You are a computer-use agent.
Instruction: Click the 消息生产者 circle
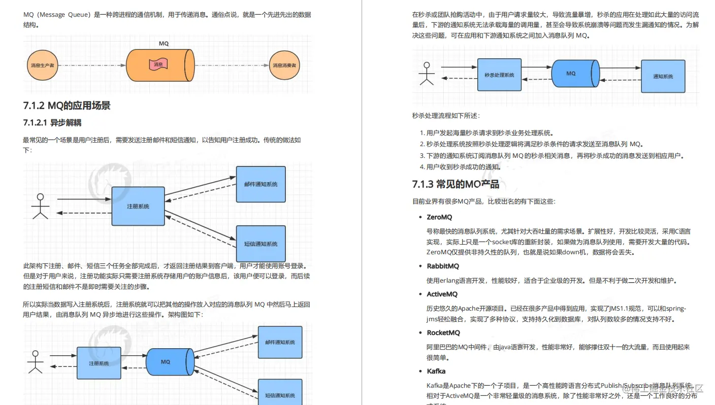[x=43, y=65]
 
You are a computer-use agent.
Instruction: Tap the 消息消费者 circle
[x=284, y=65]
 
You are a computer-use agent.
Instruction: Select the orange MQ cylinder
[x=159, y=65]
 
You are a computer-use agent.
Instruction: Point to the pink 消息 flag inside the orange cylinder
[x=158, y=64]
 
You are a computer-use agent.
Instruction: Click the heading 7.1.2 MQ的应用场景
[x=67, y=106]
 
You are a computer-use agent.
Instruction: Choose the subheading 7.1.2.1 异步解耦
[x=52, y=123]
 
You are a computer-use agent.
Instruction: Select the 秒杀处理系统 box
[x=499, y=75]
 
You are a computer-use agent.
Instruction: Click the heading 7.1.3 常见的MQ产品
[x=456, y=184]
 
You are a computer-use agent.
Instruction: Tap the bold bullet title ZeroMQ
[x=439, y=217]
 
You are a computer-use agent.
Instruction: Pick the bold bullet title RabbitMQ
[x=443, y=266]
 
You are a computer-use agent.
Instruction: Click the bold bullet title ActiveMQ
[x=442, y=294]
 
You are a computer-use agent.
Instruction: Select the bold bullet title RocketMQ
[x=443, y=333]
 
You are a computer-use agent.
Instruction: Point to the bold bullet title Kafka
[x=436, y=371]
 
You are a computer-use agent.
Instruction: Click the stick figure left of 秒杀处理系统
[x=426, y=74]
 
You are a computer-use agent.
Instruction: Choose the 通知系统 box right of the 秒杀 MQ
[x=663, y=76]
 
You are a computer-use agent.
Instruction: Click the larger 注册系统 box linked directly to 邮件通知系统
[x=138, y=207]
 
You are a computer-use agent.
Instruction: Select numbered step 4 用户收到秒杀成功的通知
[x=456, y=167]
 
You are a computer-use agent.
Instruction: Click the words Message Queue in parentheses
[x=67, y=15]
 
